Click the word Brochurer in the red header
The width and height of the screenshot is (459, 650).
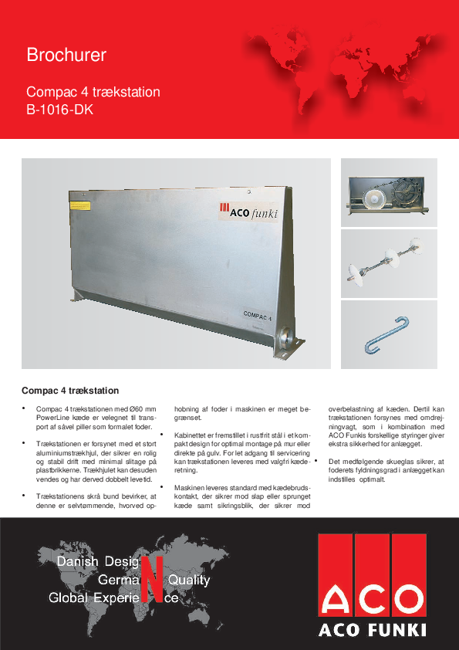click(66, 56)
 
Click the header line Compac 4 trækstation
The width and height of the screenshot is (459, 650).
click(93, 92)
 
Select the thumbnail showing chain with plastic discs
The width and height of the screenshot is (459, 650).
click(389, 263)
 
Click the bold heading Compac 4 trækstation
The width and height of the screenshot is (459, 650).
click(70, 390)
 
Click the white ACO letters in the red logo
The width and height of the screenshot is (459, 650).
click(372, 600)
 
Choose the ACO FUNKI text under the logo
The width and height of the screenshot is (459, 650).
click(373, 630)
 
